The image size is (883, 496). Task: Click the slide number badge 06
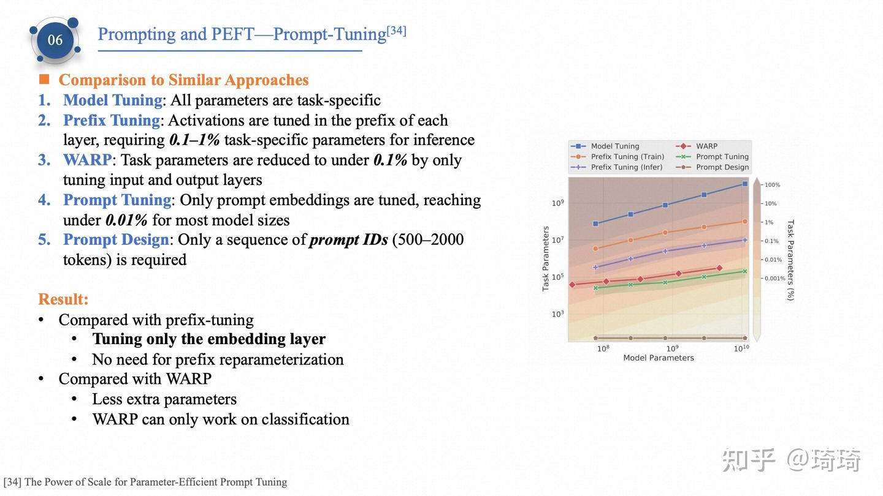click(x=55, y=40)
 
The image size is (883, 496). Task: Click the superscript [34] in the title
click(x=396, y=30)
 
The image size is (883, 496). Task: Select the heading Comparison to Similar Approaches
click(x=183, y=80)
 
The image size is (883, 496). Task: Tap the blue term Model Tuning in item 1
click(x=112, y=100)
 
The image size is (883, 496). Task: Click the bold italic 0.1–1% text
click(x=194, y=140)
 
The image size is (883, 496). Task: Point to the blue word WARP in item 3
click(x=87, y=160)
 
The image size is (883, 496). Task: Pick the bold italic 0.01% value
click(x=126, y=220)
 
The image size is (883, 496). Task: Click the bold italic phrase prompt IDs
click(x=348, y=240)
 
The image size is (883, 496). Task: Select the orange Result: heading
click(x=63, y=299)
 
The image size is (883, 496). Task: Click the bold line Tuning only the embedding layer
click(x=208, y=339)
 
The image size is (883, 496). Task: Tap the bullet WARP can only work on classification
click(x=221, y=419)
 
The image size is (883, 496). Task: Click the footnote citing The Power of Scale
click(x=145, y=482)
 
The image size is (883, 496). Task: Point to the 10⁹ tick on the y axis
click(x=557, y=203)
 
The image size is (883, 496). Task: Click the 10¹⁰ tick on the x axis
click(x=741, y=349)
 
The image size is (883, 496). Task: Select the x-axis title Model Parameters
click(x=659, y=358)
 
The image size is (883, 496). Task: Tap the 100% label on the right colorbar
click(x=772, y=185)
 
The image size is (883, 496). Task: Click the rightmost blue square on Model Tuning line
click(x=745, y=184)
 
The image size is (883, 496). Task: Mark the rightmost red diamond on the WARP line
click(x=719, y=268)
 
